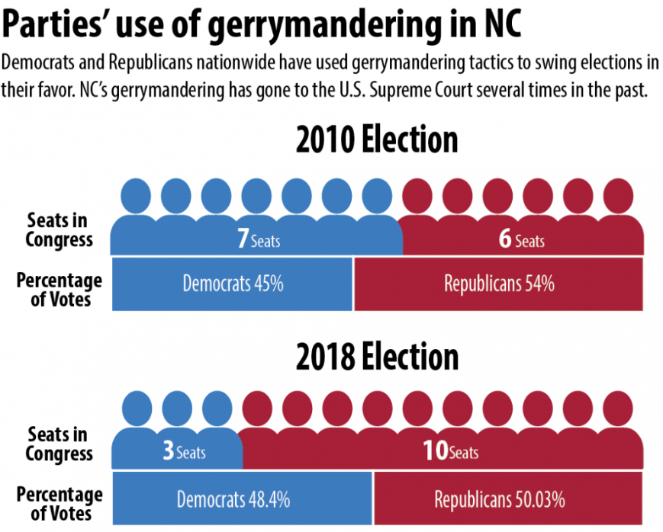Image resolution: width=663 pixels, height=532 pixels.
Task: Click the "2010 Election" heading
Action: [377, 141]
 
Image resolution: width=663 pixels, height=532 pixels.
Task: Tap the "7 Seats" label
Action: [259, 240]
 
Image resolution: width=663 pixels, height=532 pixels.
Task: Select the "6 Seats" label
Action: [522, 240]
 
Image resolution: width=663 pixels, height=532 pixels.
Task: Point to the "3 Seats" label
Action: [184, 451]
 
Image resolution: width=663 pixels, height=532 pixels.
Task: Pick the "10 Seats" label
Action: [450, 451]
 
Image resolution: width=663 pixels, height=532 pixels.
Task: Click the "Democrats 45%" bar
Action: [233, 284]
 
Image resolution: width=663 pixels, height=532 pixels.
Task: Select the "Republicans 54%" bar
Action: [499, 284]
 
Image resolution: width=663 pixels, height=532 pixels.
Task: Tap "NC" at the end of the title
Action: [500, 25]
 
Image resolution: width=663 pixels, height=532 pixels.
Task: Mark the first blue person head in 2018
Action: [137, 409]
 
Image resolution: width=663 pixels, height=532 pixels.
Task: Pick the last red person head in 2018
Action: [618, 409]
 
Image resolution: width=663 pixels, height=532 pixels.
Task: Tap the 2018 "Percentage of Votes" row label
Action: [59, 504]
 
